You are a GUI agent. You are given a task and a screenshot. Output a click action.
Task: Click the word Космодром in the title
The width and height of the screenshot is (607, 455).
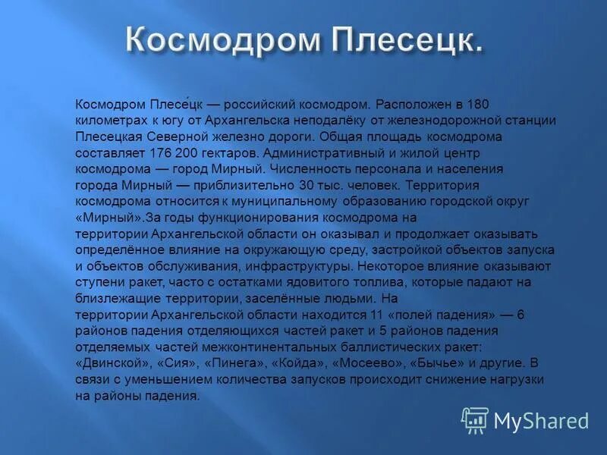pos(214,40)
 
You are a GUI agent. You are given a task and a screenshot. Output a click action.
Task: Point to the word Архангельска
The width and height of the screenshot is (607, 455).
pos(252,121)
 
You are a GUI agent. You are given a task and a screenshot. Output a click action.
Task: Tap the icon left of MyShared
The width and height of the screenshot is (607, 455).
pos(475,420)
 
